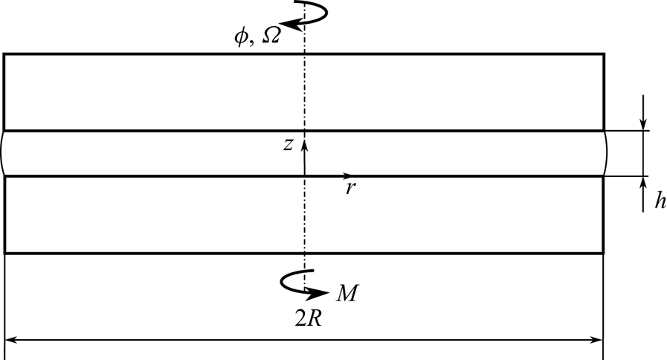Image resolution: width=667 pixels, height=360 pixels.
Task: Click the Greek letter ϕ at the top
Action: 240,37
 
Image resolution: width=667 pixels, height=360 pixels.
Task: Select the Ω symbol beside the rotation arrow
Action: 271,36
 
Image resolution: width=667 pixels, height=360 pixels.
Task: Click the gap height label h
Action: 659,202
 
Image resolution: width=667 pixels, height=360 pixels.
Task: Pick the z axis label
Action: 288,145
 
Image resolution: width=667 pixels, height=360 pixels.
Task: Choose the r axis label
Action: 349,189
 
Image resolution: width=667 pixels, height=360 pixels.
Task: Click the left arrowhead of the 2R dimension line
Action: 10,341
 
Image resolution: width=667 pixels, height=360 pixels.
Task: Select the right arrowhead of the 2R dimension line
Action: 596,341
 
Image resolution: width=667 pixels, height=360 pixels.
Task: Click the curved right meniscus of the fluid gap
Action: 606,153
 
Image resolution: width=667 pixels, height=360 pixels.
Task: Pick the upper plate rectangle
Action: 149,91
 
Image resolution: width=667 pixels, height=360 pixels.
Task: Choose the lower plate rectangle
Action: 149,215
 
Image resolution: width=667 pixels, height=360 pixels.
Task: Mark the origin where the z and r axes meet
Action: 304,176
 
